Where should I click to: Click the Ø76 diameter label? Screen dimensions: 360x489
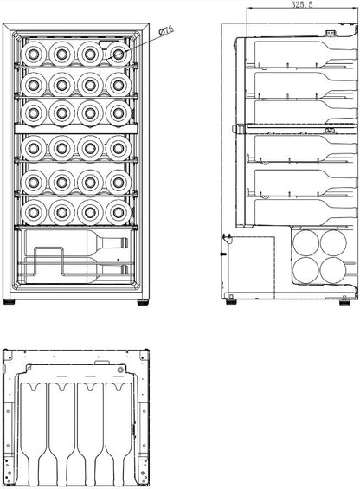tap(165, 31)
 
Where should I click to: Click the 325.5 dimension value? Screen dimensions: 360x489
tap(302, 4)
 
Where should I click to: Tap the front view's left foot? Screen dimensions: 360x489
tap(9, 302)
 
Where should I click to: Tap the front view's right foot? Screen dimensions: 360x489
tap(143, 302)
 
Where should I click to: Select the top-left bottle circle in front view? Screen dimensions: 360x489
tap(34, 55)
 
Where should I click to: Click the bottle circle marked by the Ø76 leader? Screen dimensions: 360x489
tap(119, 55)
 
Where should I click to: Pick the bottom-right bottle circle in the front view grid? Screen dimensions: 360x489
tap(119, 212)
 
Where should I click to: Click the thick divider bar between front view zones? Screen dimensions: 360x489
tap(76, 128)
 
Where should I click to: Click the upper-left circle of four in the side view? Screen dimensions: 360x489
tap(306, 243)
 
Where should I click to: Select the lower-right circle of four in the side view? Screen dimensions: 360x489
tap(333, 270)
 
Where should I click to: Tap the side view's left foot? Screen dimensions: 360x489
tap(231, 301)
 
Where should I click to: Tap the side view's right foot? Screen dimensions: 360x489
tap(345, 302)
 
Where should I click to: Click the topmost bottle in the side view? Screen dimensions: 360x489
tap(306, 54)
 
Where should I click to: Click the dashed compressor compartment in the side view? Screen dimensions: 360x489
tap(248, 267)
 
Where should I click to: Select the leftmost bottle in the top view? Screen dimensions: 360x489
tap(34, 434)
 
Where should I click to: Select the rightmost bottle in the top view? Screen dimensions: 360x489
tap(119, 434)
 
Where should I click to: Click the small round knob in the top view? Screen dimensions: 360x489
tap(120, 370)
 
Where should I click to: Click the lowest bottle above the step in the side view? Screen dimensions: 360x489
tap(306, 212)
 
